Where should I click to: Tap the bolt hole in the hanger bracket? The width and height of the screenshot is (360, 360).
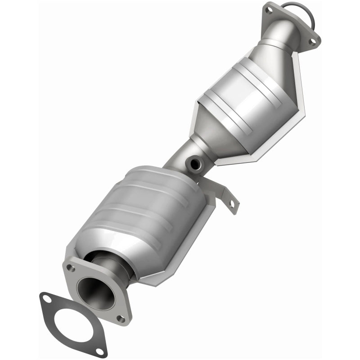pyautogui.click(x=232, y=203)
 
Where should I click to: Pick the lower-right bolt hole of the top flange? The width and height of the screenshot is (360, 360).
pyautogui.click(x=311, y=41)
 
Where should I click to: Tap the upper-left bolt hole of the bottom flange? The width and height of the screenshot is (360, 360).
pyautogui.click(x=71, y=268)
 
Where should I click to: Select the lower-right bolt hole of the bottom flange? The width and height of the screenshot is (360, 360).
pyautogui.click(x=120, y=319)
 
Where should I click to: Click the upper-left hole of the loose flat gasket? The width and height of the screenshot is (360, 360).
pyautogui.click(x=46, y=298)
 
